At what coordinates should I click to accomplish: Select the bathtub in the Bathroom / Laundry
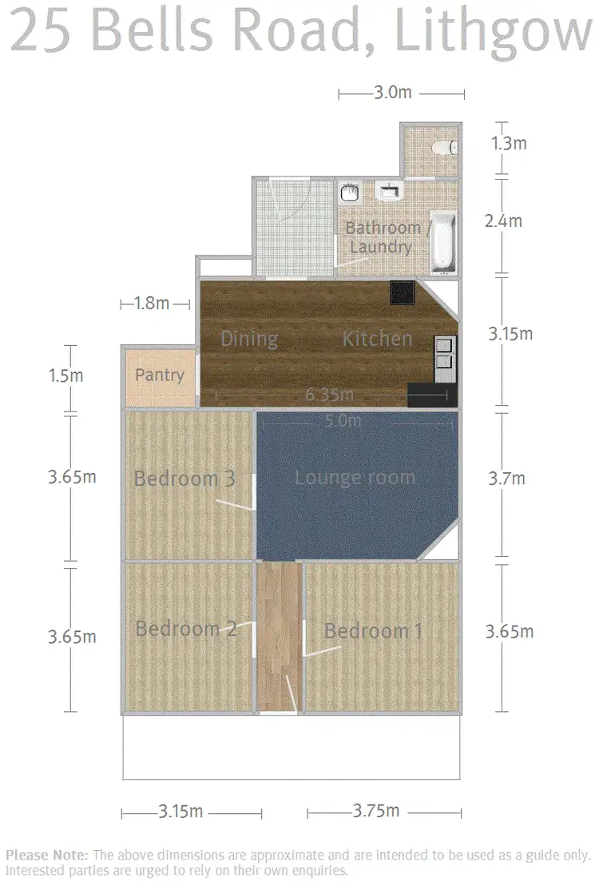442,241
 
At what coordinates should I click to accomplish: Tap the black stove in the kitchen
401,293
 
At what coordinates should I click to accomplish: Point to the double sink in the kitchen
444,354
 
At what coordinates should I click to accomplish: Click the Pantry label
159,375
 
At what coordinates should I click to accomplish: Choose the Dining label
249,339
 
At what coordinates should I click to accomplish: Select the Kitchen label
377,339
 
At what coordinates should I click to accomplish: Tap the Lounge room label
355,478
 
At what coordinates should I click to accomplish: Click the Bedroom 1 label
373,631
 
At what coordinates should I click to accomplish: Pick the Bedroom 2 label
186,629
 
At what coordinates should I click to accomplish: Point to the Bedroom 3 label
184,479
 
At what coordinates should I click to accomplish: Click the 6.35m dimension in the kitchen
328,395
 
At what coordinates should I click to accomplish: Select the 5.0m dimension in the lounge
343,420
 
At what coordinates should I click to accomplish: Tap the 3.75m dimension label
375,811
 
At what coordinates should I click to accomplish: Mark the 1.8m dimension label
152,303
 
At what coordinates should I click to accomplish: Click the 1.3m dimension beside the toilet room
509,144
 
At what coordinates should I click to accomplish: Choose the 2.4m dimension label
503,221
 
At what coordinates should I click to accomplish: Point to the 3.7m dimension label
506,479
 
